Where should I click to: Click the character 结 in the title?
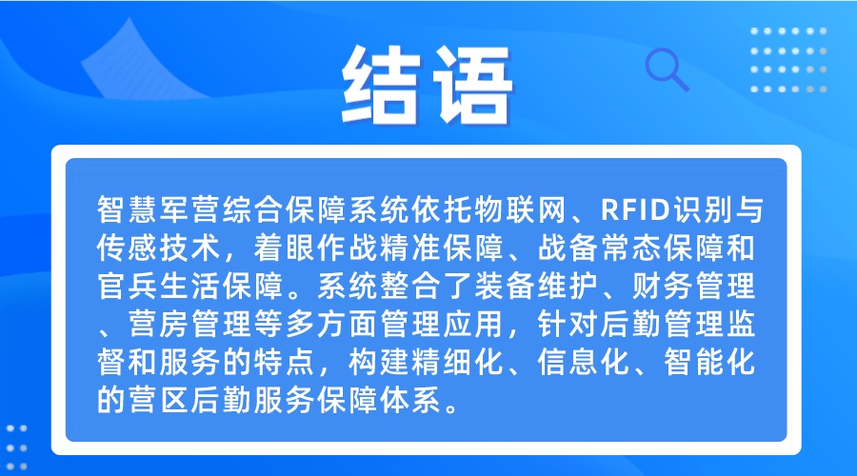[x=382, y=85]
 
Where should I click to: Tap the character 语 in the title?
[x=473, y=86]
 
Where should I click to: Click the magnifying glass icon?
[x=667, y=69]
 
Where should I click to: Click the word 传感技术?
[x=159, y=248]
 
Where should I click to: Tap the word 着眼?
[x=284, y=248]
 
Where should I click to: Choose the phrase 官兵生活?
[x=159, y=286]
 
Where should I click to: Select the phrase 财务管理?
[x=694, y=286]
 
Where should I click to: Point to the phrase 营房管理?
[x=190, y=324]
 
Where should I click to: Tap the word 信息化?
[x=584, y=363]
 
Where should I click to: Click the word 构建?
[x=379, y=363]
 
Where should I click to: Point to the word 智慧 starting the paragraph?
[x=128, y=209]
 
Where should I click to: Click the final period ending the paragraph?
[x=451, y=408]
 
